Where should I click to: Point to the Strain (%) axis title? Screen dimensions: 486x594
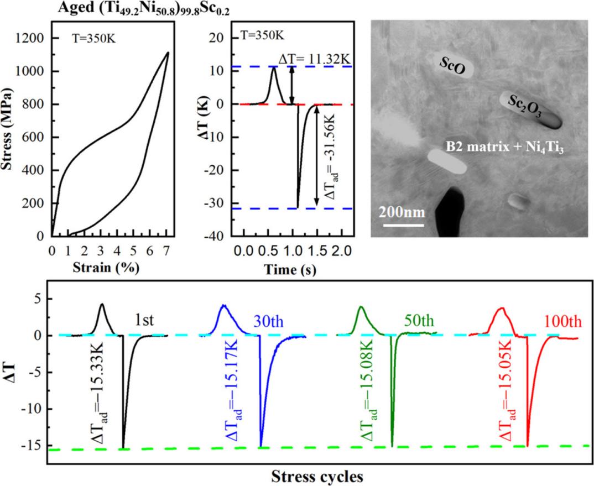106,269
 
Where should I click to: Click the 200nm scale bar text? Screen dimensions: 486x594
402,212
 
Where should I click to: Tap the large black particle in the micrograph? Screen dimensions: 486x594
454,213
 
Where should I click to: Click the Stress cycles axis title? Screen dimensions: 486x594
317,475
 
